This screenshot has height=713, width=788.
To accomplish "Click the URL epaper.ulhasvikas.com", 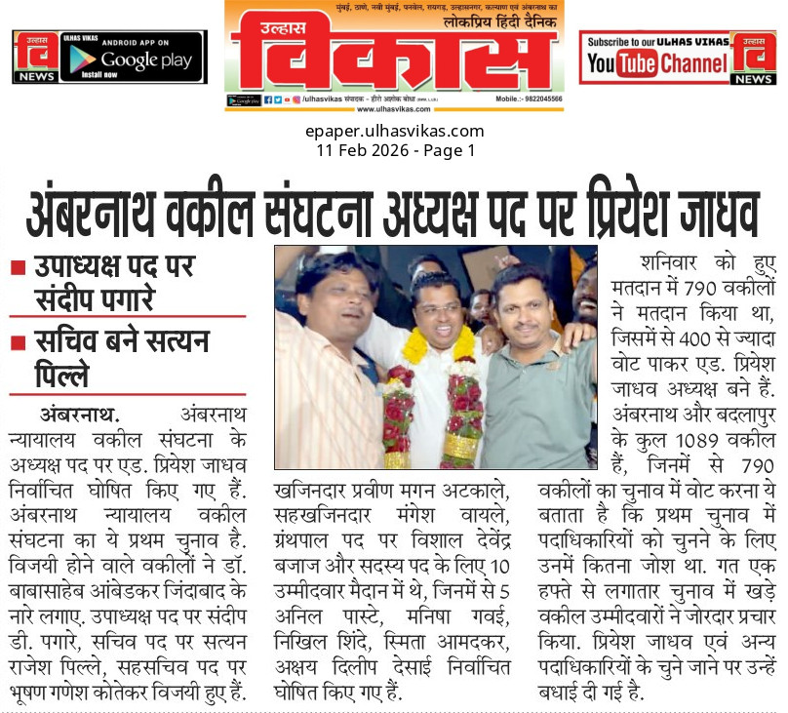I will pyautogui.click(x=394, y=132).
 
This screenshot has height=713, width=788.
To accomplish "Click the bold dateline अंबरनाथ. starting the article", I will pyautogui.click(x=79, y=412).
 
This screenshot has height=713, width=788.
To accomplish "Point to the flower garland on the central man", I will pyautogui.click(x=433, y=400).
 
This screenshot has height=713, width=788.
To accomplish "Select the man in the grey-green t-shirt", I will pyautogui.click(x=536, y=390).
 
